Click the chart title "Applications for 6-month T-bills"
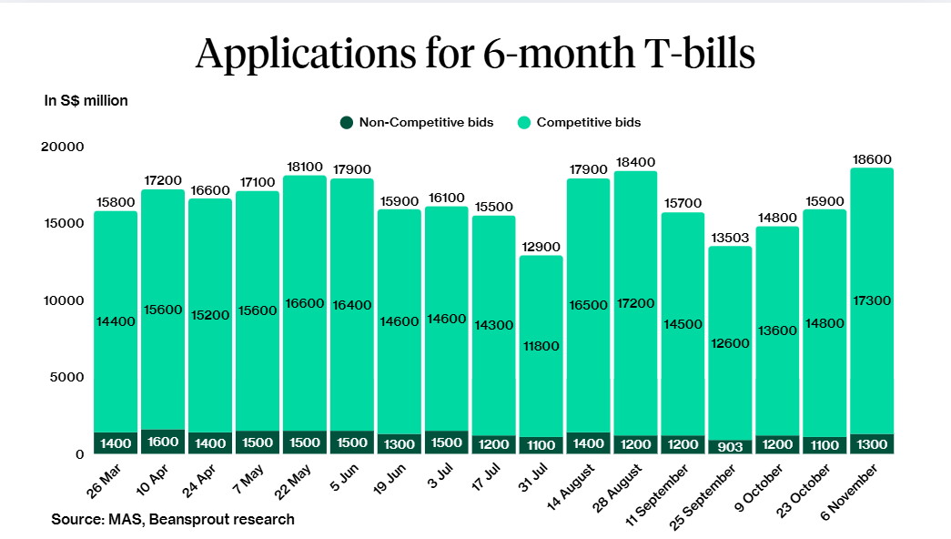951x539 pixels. [x=475, y=54]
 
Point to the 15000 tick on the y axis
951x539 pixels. [x=65, y=223]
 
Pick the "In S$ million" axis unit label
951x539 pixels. [x=86, y=101]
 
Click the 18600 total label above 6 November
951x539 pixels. [x=872, y=158]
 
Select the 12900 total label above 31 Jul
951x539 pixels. [x=541, y=247]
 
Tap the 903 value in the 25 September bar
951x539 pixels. [x=731, y=446]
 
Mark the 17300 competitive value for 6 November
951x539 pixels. [x=872, y=300]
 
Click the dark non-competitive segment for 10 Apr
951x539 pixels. [x=162, y=442]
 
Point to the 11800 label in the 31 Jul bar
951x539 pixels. [x=541, y=346]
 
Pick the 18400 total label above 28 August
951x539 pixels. [x=635, y=162]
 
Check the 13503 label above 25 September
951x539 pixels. [x=730, y=238]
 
